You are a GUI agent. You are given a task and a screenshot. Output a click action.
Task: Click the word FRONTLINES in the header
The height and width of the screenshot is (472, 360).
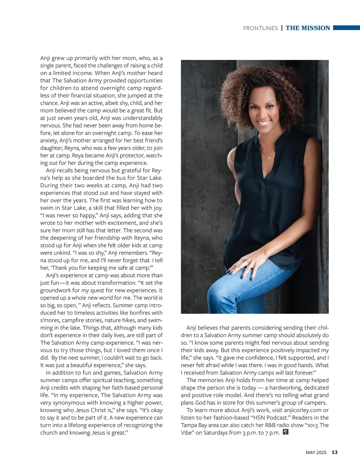(260, 28)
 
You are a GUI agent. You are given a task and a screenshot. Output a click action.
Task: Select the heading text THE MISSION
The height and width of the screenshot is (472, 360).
(308, 28)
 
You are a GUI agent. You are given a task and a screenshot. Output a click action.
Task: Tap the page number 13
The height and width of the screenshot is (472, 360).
(334, 453)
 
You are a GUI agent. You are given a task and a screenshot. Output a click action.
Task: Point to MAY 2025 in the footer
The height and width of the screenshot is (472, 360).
(316, 453)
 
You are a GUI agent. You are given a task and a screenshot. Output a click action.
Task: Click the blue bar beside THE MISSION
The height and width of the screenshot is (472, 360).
(346, 28)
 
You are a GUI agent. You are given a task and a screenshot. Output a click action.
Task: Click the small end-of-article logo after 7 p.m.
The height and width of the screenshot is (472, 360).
(286, 432)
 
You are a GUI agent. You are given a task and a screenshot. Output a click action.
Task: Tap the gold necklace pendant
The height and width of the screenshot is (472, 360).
(269, 157)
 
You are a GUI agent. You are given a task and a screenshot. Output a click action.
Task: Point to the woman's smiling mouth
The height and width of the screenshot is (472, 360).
(264, 123)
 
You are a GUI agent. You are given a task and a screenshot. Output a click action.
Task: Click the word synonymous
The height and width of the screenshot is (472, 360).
(69, 403)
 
